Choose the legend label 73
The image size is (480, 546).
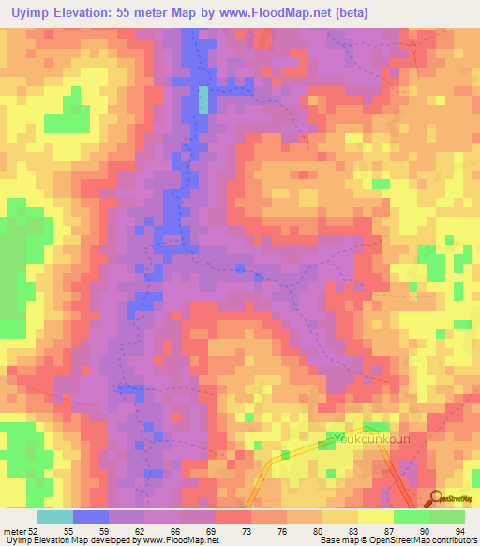pyautogui.click(x=247, y=530)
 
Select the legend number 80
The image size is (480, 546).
pyautogui.click(x=319, y=530)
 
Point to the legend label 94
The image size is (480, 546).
pyautogui.click(x=458, y=530)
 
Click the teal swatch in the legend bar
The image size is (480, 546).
pyautogui.click(x=55, y=517)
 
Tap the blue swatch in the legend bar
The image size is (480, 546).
pyautogui.click(x=91, y=517)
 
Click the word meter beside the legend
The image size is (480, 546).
pyautogui.click(x=12, y=530)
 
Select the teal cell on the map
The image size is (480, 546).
pyautogui.click(x=203, y=100)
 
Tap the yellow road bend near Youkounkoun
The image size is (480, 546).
pyautogui.click(x=278, y=457)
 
